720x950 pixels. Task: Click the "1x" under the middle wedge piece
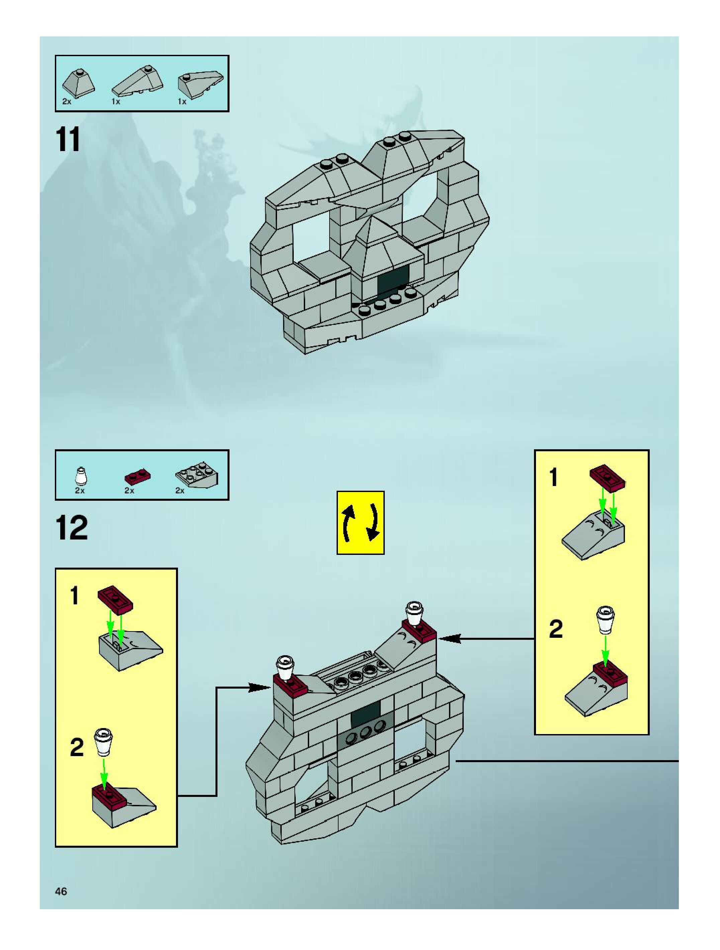pos(116,102)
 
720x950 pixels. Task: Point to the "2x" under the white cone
pos(80,490)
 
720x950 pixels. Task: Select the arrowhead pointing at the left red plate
pos(261,687)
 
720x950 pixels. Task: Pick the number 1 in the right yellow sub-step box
pos(554,478)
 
